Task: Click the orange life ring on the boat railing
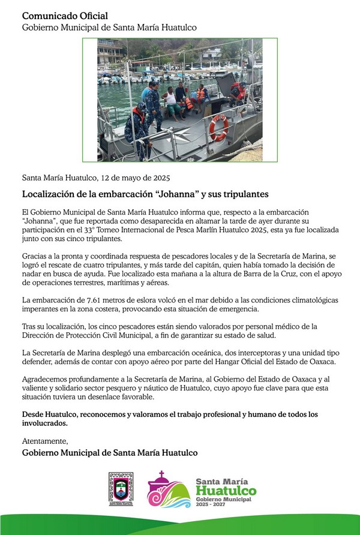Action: pos(219,127)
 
